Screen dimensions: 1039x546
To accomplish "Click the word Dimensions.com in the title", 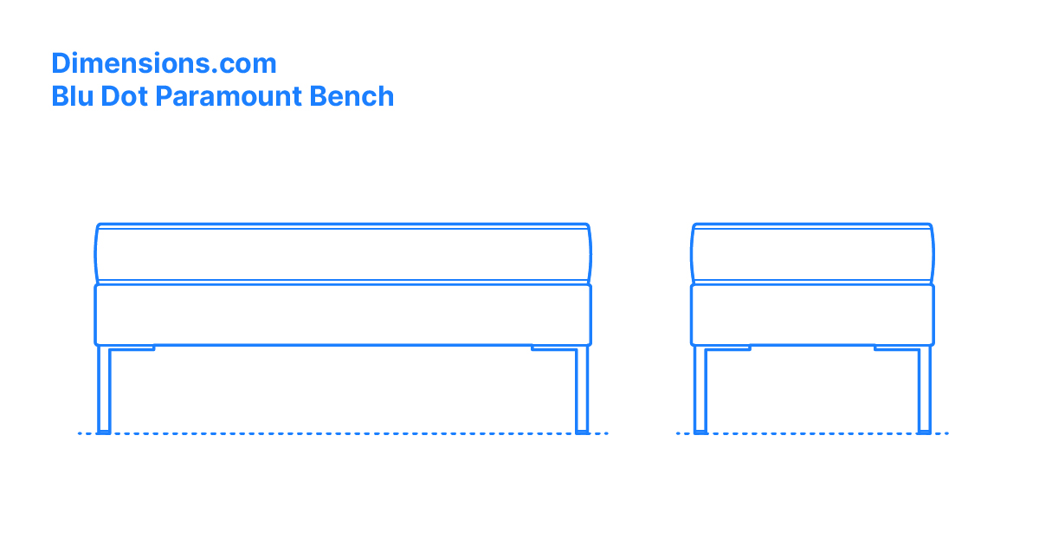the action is point(164,63).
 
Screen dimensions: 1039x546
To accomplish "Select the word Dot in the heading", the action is point(124,96).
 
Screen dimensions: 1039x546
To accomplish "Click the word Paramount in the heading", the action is point(229,96).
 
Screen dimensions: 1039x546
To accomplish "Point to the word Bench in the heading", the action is point(352,96).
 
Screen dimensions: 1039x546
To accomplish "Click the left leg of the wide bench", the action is point(104,389).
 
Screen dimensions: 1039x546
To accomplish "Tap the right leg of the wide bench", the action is point(582,389).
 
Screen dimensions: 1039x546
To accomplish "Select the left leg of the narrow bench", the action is point(700,389).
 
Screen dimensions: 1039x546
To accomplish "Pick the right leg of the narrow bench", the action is point(925,389).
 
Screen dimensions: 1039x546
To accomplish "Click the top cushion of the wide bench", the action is point(343,253).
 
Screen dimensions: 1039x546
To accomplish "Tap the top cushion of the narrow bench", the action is point(812,253).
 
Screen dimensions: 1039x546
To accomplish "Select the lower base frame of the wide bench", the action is point(343,315).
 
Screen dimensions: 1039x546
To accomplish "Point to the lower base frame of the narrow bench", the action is point(812,315).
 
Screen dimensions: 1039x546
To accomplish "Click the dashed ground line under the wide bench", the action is point(343,433).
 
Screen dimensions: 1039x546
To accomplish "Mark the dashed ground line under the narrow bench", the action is point(812,433).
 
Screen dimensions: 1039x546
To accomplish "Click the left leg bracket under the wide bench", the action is point(132,348).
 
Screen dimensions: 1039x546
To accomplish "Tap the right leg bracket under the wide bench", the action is point(554,348).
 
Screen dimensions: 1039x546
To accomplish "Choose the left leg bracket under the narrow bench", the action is point(728,348).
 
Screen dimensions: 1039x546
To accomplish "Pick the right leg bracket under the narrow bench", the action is point(897,348).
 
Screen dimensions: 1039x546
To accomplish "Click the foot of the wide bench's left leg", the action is point(104,432).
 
